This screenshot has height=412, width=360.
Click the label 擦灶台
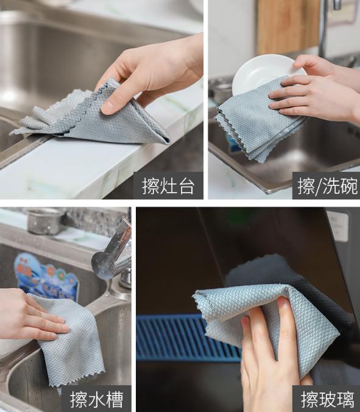[169, 186]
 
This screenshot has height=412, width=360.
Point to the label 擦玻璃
[327, 400]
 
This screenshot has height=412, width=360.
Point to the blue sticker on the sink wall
[46, 277]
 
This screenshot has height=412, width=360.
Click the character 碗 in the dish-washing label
[345, 186]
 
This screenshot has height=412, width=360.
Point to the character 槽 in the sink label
[114, 400]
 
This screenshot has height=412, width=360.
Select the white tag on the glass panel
[337, 227]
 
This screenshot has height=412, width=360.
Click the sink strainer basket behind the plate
[221, 91]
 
